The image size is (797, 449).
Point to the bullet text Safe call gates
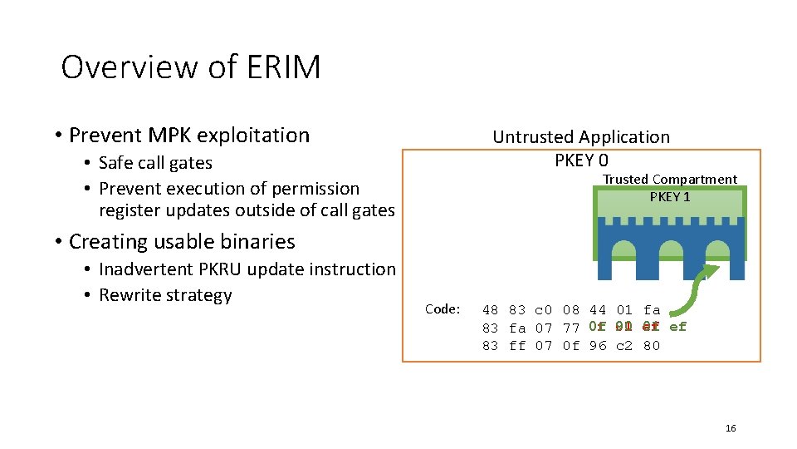155,163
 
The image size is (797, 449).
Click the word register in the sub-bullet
129,210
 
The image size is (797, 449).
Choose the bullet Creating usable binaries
182,241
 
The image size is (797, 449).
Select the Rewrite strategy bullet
165,295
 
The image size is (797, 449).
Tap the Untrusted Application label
581,137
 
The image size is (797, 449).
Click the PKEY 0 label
581,160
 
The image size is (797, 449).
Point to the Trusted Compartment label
669,180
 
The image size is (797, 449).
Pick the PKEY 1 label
669,197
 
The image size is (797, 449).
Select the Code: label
443,309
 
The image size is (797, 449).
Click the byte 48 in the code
491,310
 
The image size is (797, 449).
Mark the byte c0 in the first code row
544,310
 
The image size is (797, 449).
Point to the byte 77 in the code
570,328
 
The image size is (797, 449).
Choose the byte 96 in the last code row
597,345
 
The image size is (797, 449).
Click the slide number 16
731,428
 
